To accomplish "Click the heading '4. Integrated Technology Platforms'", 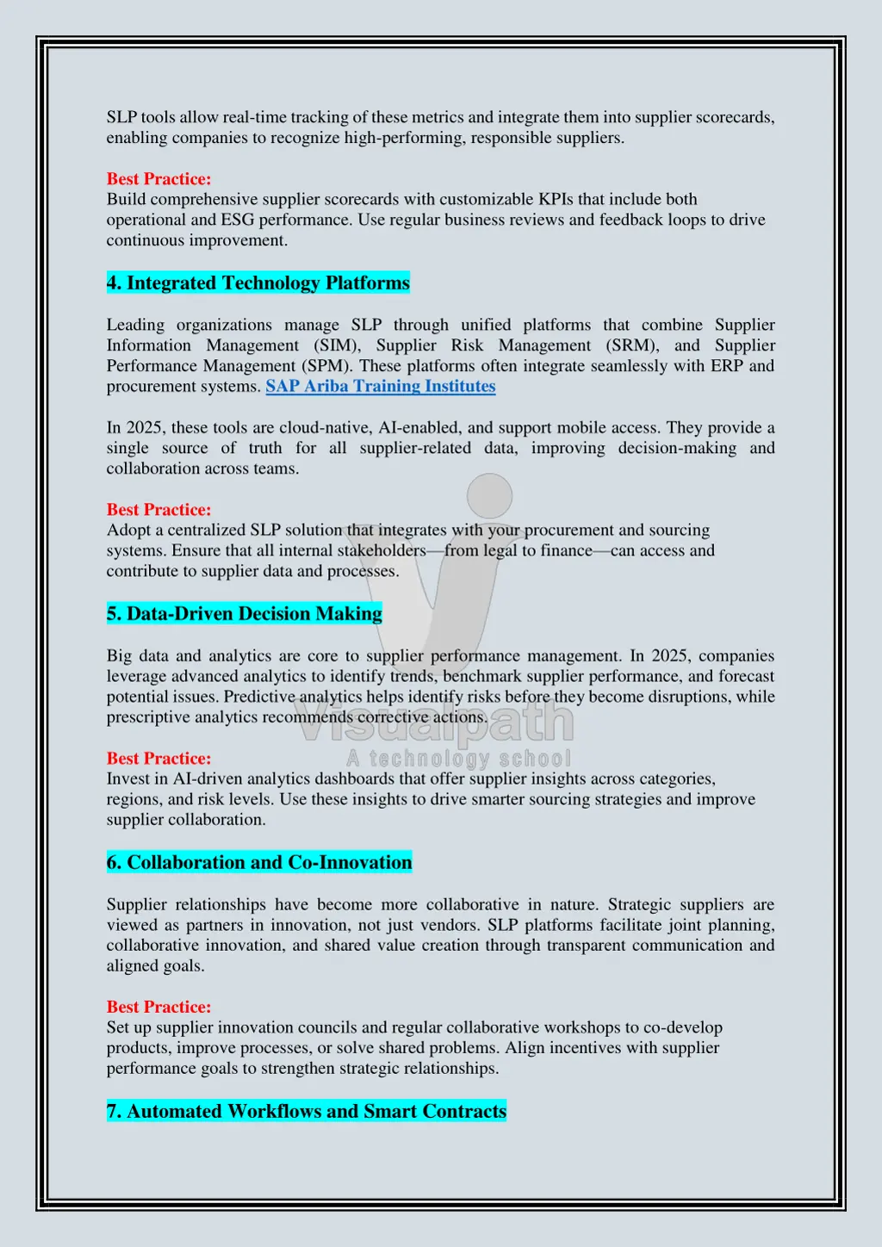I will pos(258,283).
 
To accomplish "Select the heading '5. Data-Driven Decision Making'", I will pos(245,614).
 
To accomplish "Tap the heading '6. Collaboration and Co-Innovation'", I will pos(259,863).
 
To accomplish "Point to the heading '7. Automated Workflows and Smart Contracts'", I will pos(307,1112).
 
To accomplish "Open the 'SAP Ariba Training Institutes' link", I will pos(381,387).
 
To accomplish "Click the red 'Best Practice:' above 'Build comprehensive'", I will pos(158,179).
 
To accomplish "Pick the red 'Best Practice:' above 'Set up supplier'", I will pos(158,1007).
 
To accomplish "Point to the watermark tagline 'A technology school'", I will pos(458,759).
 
